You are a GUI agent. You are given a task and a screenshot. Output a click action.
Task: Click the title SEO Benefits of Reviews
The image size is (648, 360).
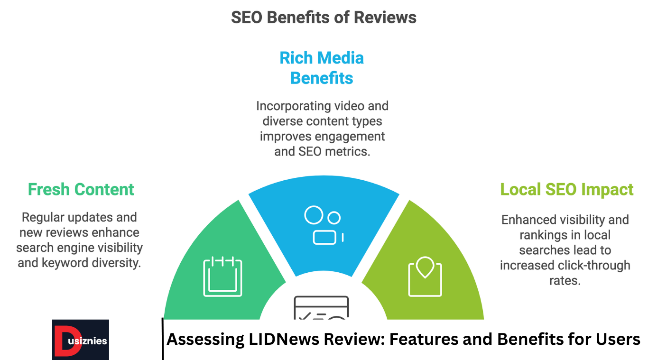324,18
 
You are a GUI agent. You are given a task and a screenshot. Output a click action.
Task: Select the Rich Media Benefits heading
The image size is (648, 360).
322,68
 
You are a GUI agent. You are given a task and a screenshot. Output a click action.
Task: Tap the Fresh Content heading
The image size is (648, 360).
81,190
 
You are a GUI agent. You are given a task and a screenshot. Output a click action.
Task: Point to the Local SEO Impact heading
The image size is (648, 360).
567,190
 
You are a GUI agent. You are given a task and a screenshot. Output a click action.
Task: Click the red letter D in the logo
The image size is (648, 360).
61,340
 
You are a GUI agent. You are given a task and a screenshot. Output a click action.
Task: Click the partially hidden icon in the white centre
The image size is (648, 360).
321,308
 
